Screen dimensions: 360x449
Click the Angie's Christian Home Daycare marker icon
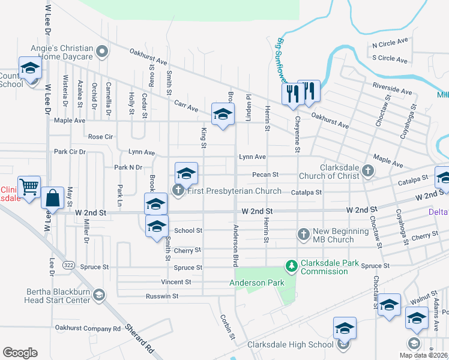(x=102, y=52)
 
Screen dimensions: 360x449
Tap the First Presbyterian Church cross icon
(x=178, y=191)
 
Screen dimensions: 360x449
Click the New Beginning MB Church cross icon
(x=304, y=233)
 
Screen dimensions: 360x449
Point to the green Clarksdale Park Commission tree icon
(x=291, y=265)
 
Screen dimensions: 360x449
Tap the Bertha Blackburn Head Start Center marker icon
(x=99, y=295)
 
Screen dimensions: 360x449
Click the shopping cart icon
(x=29, y=186)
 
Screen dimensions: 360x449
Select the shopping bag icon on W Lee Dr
(x=53, y=197)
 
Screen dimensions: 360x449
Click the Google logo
(x=20, y=353)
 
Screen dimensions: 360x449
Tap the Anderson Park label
(x=250, y=282)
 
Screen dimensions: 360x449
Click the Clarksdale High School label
(x=291, y=344)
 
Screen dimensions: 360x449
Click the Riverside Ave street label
(x=392, y=89)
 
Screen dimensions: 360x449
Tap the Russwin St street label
(x=162, y=296)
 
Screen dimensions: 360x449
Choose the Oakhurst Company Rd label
(x=88, y=328)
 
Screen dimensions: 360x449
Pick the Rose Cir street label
(x=100, y=137)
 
